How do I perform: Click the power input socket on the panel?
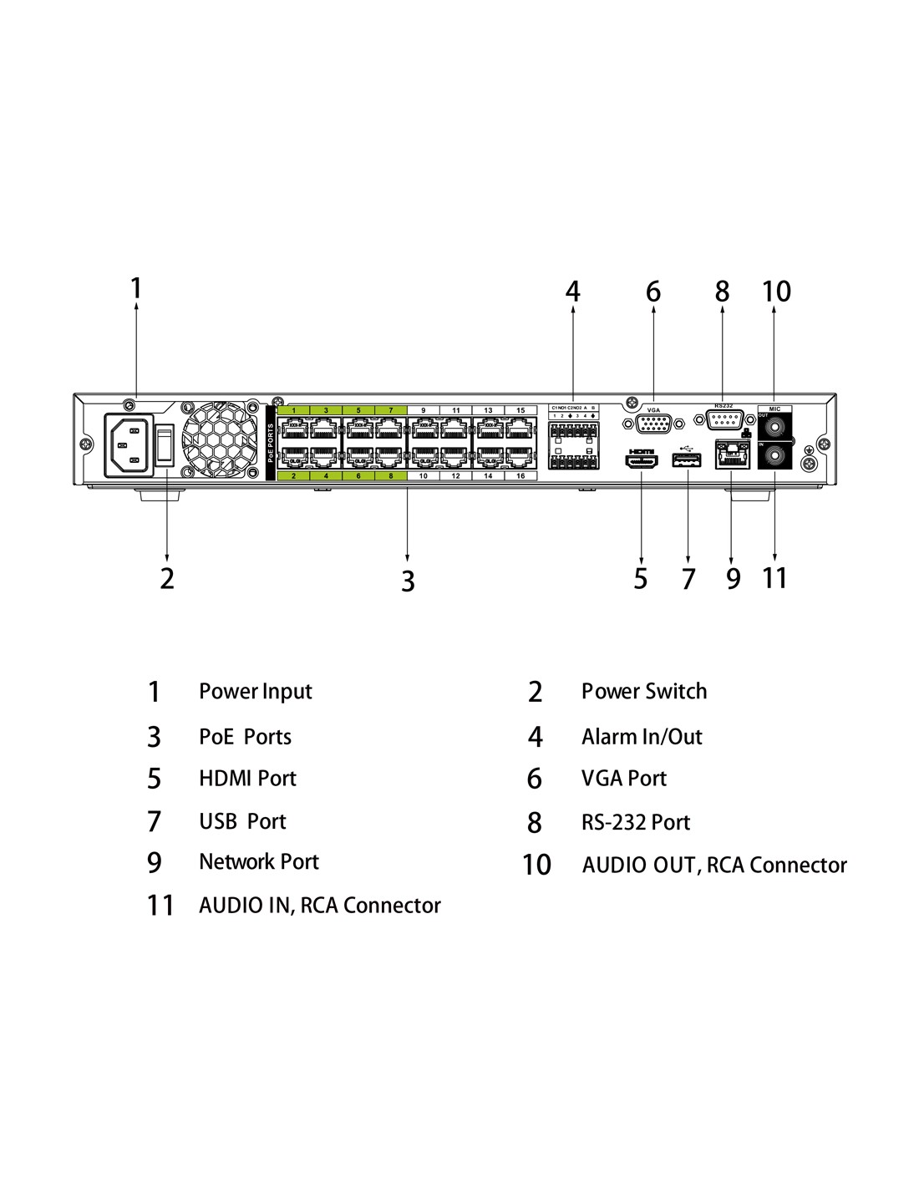tap(129, 444)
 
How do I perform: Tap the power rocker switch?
tap(165, 444)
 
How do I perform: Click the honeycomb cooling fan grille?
tap(220, 441)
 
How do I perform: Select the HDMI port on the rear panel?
tap(642, 459)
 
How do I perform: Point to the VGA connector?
tap(653, 424)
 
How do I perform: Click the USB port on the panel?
tap(687, 459)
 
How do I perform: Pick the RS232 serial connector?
tap(724, 419)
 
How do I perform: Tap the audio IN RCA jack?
tap(774, 456)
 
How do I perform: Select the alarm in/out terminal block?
tap(574, 443)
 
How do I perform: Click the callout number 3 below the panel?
tap(408, 581)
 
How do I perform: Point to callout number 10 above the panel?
tap(775, 292)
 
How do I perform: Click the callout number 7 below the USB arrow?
tap(688, 578)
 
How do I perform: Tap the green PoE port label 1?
tap(293, 410)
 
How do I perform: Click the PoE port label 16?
tap(520, 475)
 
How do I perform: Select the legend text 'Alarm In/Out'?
tap(642, 737)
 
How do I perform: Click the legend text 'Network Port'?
tap(259, 861)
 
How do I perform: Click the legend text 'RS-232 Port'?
tap(636, 822)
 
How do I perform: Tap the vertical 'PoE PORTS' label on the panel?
tap(271, 443)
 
